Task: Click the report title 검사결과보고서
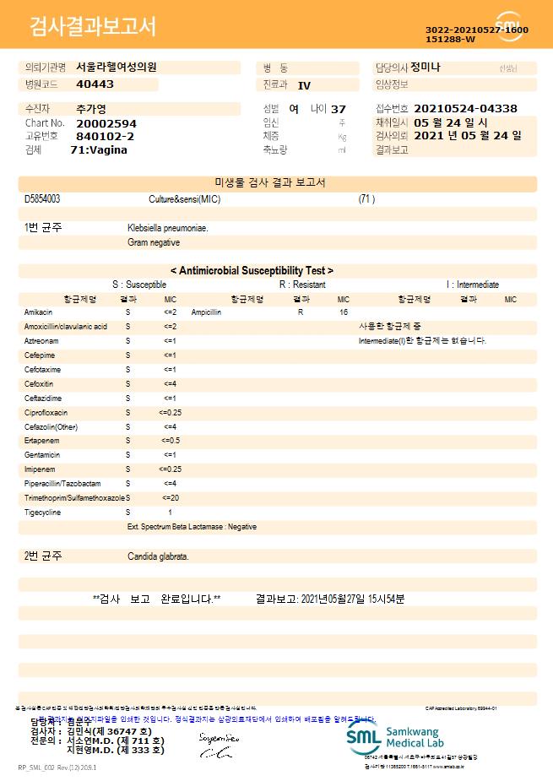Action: click(x=93, y=27)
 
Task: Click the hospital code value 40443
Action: click(x=95, y=84)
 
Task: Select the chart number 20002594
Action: click(x=106, y=123)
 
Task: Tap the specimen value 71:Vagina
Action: click(x=99, y=149)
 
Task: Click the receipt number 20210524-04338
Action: click(x=465, y=109)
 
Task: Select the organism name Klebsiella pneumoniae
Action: click(x=168, y=228)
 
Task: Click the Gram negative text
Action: click(x=154, y=242)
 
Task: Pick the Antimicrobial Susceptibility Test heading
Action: click(x=252, y=270)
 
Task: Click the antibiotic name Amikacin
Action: click(x=39, y=312)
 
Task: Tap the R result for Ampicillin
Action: click(x=301, y=312)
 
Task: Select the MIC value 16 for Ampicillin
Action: click(x=344, y=312)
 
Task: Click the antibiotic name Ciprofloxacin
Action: click(x=46, y=412)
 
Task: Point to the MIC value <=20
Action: click(x=170, y=498)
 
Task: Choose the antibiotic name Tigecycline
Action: click(x=42, y=513)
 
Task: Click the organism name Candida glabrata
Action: click(x=158, y=556)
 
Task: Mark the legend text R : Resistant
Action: click(x=302, y=285)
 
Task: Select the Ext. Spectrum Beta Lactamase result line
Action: click(x=192, y=527)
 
